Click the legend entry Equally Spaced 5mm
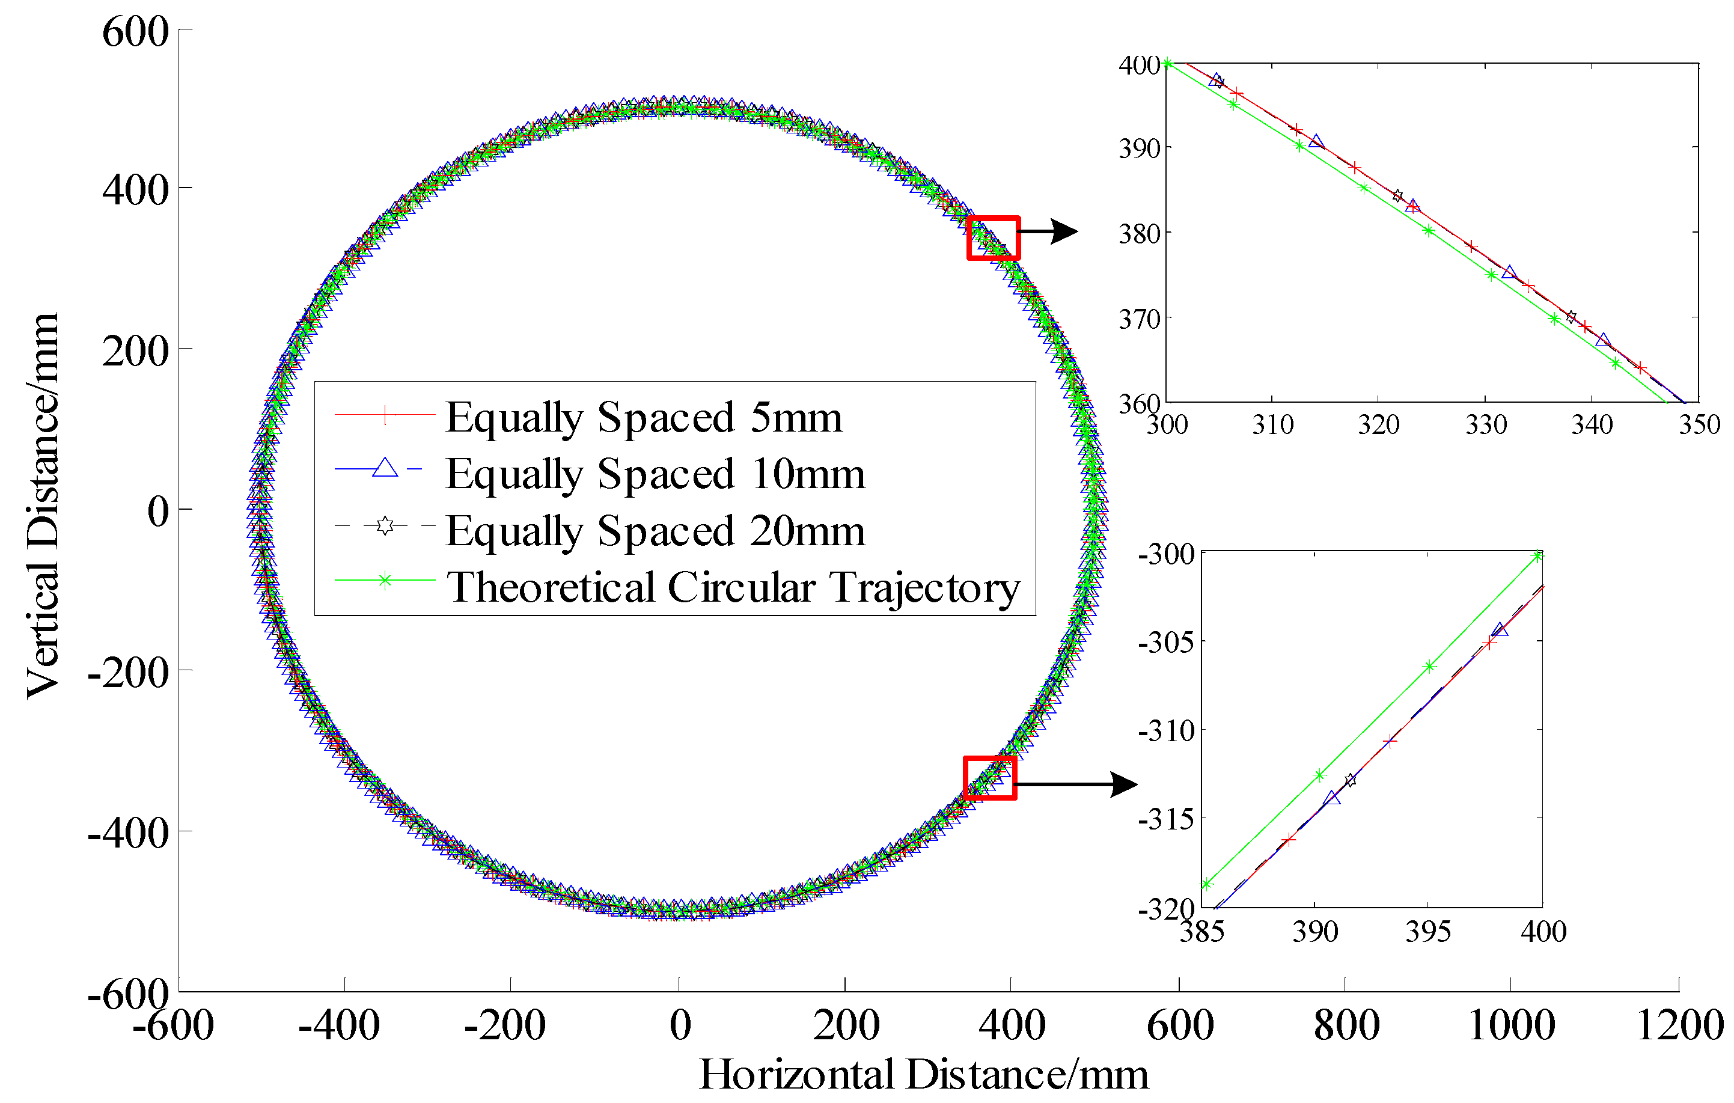[643, 417]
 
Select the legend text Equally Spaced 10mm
[655, 473]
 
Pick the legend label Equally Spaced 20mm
[655, 531]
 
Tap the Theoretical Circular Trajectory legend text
[732, 587]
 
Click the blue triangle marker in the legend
[385, 469]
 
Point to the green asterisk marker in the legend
[385, 581]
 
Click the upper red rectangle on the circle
[993, 237]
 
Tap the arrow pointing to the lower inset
[1076, 784]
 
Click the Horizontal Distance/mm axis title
[923, 1075]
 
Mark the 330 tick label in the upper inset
[1486, 425]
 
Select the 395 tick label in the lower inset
[1427, 932]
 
